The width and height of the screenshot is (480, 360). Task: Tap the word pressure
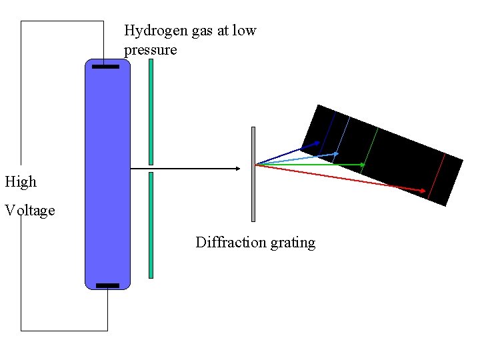(x=150, y=51)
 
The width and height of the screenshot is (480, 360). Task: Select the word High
(x=21, y=181)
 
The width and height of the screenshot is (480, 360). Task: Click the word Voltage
(x=30, y=211)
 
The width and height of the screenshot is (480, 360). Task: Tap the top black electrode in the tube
(x=105, y=67)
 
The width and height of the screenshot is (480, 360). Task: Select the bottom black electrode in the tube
(x=107, y=285)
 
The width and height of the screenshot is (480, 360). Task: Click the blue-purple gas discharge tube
(x=107, y=173)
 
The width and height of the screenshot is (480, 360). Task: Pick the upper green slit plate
(x=151, y=111)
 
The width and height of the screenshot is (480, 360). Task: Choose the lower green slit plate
(x=151, y=225)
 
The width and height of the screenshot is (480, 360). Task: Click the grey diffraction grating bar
(x=253, y=173)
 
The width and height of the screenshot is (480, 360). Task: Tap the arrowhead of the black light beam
(x=237, y=169)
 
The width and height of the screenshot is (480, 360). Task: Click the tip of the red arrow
(x=425, y=191)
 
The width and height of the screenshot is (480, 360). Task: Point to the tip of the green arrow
(x=365, y=164)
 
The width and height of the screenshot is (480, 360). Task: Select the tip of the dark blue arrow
(x=318, y=143)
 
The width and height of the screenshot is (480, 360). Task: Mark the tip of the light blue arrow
(x=338, y=153)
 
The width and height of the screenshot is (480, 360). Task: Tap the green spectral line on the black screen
(x=370, y=151)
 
